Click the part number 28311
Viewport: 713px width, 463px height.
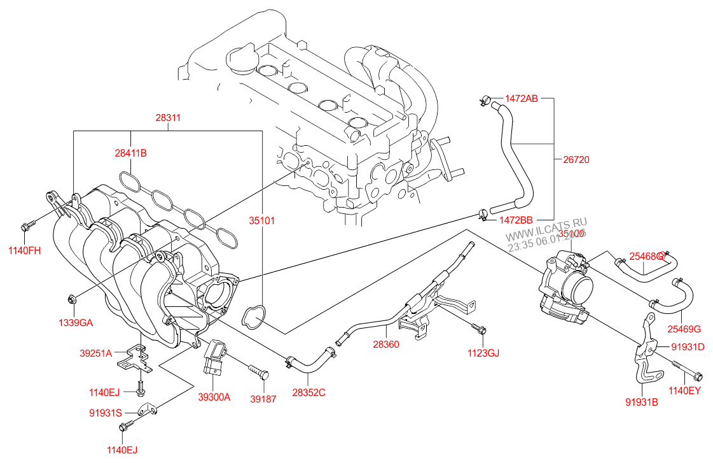[169, 118]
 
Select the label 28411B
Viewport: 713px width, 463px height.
[130, 153]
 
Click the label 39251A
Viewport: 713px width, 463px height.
[96, 353]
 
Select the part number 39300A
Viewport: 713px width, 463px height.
[214, 397]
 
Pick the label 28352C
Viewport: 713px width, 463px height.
[308, 392]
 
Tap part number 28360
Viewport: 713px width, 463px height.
[386, 344]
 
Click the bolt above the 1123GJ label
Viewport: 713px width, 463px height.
[480, 329]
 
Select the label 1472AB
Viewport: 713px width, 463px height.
[522, 99]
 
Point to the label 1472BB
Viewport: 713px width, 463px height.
[516, 220]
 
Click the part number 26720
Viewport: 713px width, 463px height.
[576, 160]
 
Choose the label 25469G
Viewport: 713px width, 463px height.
[684, 329]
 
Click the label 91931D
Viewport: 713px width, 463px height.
[688, 347]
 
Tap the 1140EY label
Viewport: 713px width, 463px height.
[684, 390]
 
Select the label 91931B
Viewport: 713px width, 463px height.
[641, 402]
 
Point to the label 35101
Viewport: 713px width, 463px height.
[261, 220]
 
